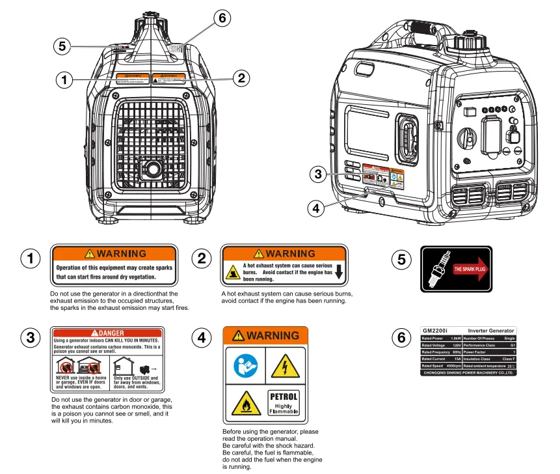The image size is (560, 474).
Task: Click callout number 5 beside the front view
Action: tap(62, 46)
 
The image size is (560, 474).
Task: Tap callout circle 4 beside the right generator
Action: tap(316, 208)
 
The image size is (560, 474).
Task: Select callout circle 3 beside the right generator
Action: tap(317, 174)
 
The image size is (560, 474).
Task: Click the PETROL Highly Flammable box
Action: tap(284, 402)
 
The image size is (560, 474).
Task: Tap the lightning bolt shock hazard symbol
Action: tap(284, 366)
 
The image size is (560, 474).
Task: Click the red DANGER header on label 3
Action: tap(107, 333)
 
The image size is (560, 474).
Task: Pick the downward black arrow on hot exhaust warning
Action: tap(338, 272)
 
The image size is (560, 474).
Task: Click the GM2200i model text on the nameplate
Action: tap(434, 331)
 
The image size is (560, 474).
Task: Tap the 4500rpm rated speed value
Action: tap(453, 366)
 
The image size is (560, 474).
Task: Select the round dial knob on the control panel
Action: tap(466, 138)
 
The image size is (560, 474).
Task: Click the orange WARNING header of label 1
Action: tap(114, 253)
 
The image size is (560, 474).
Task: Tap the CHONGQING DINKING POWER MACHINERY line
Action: tap(468, 372)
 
